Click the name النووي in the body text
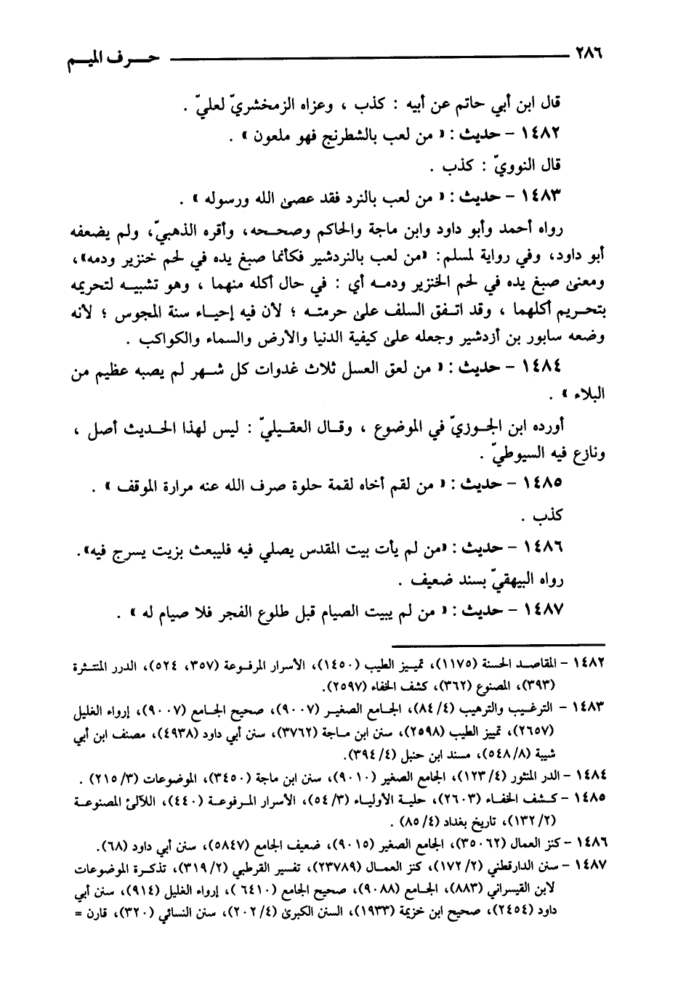(512, 166)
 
